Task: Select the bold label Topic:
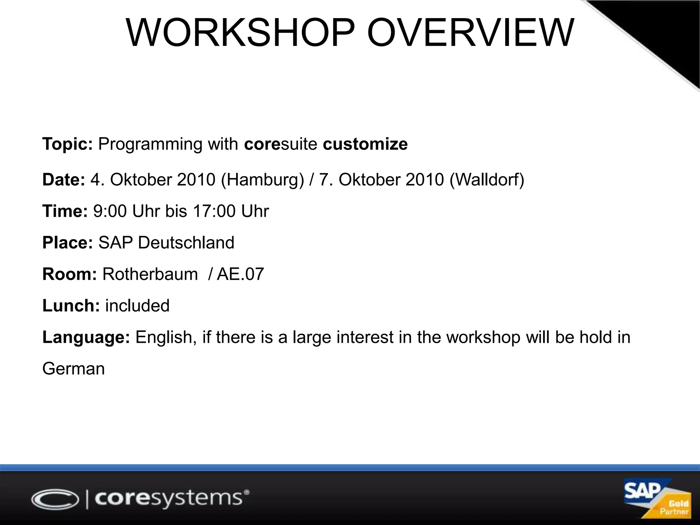click(x=67, y=144)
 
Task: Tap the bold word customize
click(x=365, y=144)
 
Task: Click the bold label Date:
click(x=64, y=180)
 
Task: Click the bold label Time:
click(x=65, y=211)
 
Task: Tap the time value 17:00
click(x=214, y=211)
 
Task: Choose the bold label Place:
click(x=67, y=243)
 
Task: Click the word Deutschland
click(x=186, y=243)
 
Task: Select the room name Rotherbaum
click(x=150, y=274)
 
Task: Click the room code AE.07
click(x=240, y=274)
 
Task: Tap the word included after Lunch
click(x=137, y=306)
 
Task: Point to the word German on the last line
click(x=73, y=369)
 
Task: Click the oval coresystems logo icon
click(x=55, y=499)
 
